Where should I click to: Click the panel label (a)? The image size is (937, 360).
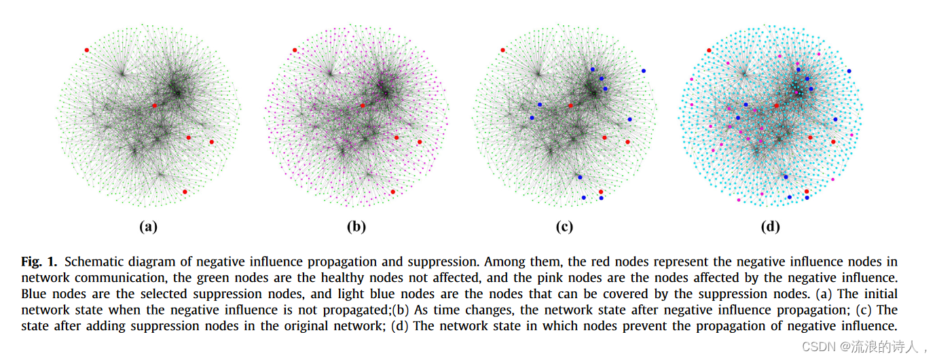tap(148, 227)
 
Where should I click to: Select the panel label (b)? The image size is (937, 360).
tap(356, 227)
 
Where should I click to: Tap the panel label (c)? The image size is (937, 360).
tap(564, 227)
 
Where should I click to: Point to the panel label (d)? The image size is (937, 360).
tap(770, 227)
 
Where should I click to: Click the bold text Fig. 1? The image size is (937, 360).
tap(40, 262)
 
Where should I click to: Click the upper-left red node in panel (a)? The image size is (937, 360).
tap(86, 50)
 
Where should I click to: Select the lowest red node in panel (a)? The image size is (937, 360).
tap(185, 192)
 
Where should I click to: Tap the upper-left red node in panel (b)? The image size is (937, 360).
tap(295, 50)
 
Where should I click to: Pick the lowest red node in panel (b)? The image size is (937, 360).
tap(393, 192)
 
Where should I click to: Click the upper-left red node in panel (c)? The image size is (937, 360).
tap(502, 50)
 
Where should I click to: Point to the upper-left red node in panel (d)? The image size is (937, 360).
tap(709, 50)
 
